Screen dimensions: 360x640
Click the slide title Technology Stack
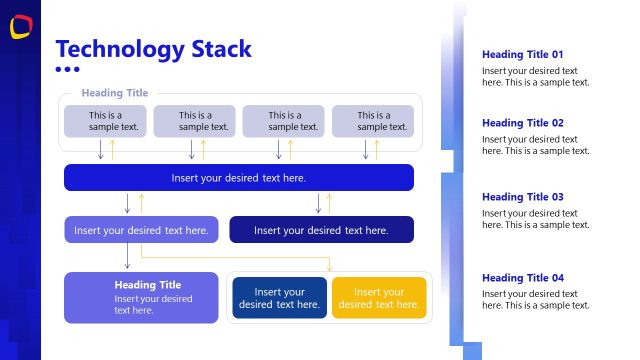click(x=153, y=49)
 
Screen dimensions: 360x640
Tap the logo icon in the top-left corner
click(x=20, y=28)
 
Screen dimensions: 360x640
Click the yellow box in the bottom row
click(x=379, y=298)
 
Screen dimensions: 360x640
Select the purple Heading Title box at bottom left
click(x=141, y=298)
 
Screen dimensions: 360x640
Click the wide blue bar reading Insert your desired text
click(x=238, y=178)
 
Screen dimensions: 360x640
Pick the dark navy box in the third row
click(x=321, y=230)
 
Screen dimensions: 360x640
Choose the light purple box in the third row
click(x=141, y=230)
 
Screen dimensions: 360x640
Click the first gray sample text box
click(x=106, y=121)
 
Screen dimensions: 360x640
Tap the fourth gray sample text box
click(x=373, y=121)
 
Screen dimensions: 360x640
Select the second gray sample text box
click(x=194, y=121)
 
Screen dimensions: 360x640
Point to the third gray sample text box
click(x=283, y=121)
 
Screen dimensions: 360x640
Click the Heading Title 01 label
click(x=523, y=55)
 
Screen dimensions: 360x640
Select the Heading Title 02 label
click(x=523, y=123)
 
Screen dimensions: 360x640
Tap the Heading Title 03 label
click(x=523, y=197)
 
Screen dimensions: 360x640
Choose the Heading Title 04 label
click(x=523, y=278)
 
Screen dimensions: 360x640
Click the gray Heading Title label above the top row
click(x=114, y=93)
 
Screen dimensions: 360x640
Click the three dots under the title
click(x=67, y=70)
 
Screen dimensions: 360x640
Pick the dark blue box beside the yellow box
click(x=279, y=298)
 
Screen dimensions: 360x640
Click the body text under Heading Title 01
click(x=535, y=77)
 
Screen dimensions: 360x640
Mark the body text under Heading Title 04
click(x=535, y=300)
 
